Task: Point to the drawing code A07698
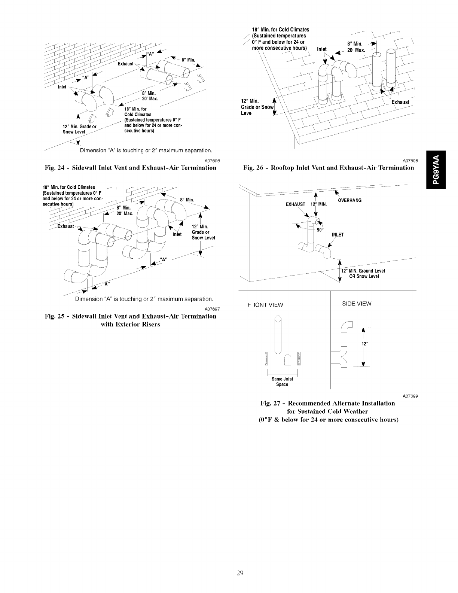tap(410, 160)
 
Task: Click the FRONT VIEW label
tap(265, 305)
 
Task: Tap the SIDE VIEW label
tap(357, 304)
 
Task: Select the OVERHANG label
tap(349, 200)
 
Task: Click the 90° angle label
tap(320, 230)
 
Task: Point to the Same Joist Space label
tap(282, 381)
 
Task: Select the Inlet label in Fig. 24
tap(62, 87)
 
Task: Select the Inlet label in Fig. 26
tap(322, 49)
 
